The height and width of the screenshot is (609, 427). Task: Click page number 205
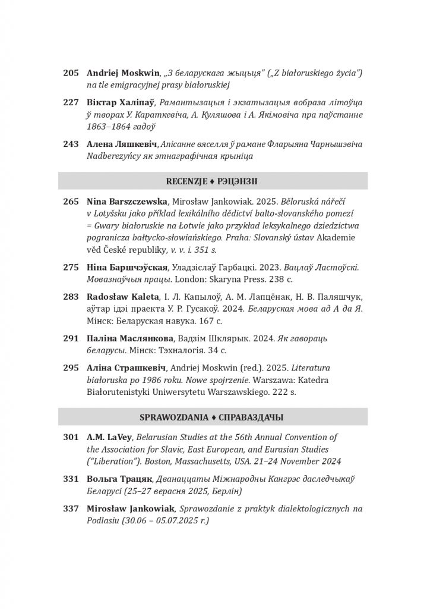pos(71,73)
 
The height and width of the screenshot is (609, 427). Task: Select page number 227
pos(71,102)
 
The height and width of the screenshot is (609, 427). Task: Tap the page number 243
pos(71,145)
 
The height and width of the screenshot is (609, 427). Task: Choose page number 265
pos(71,202)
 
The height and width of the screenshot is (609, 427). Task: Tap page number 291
pos(71,338)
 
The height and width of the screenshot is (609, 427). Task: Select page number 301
pos(71,438)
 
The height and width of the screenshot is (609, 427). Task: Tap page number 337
pos(71,509)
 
